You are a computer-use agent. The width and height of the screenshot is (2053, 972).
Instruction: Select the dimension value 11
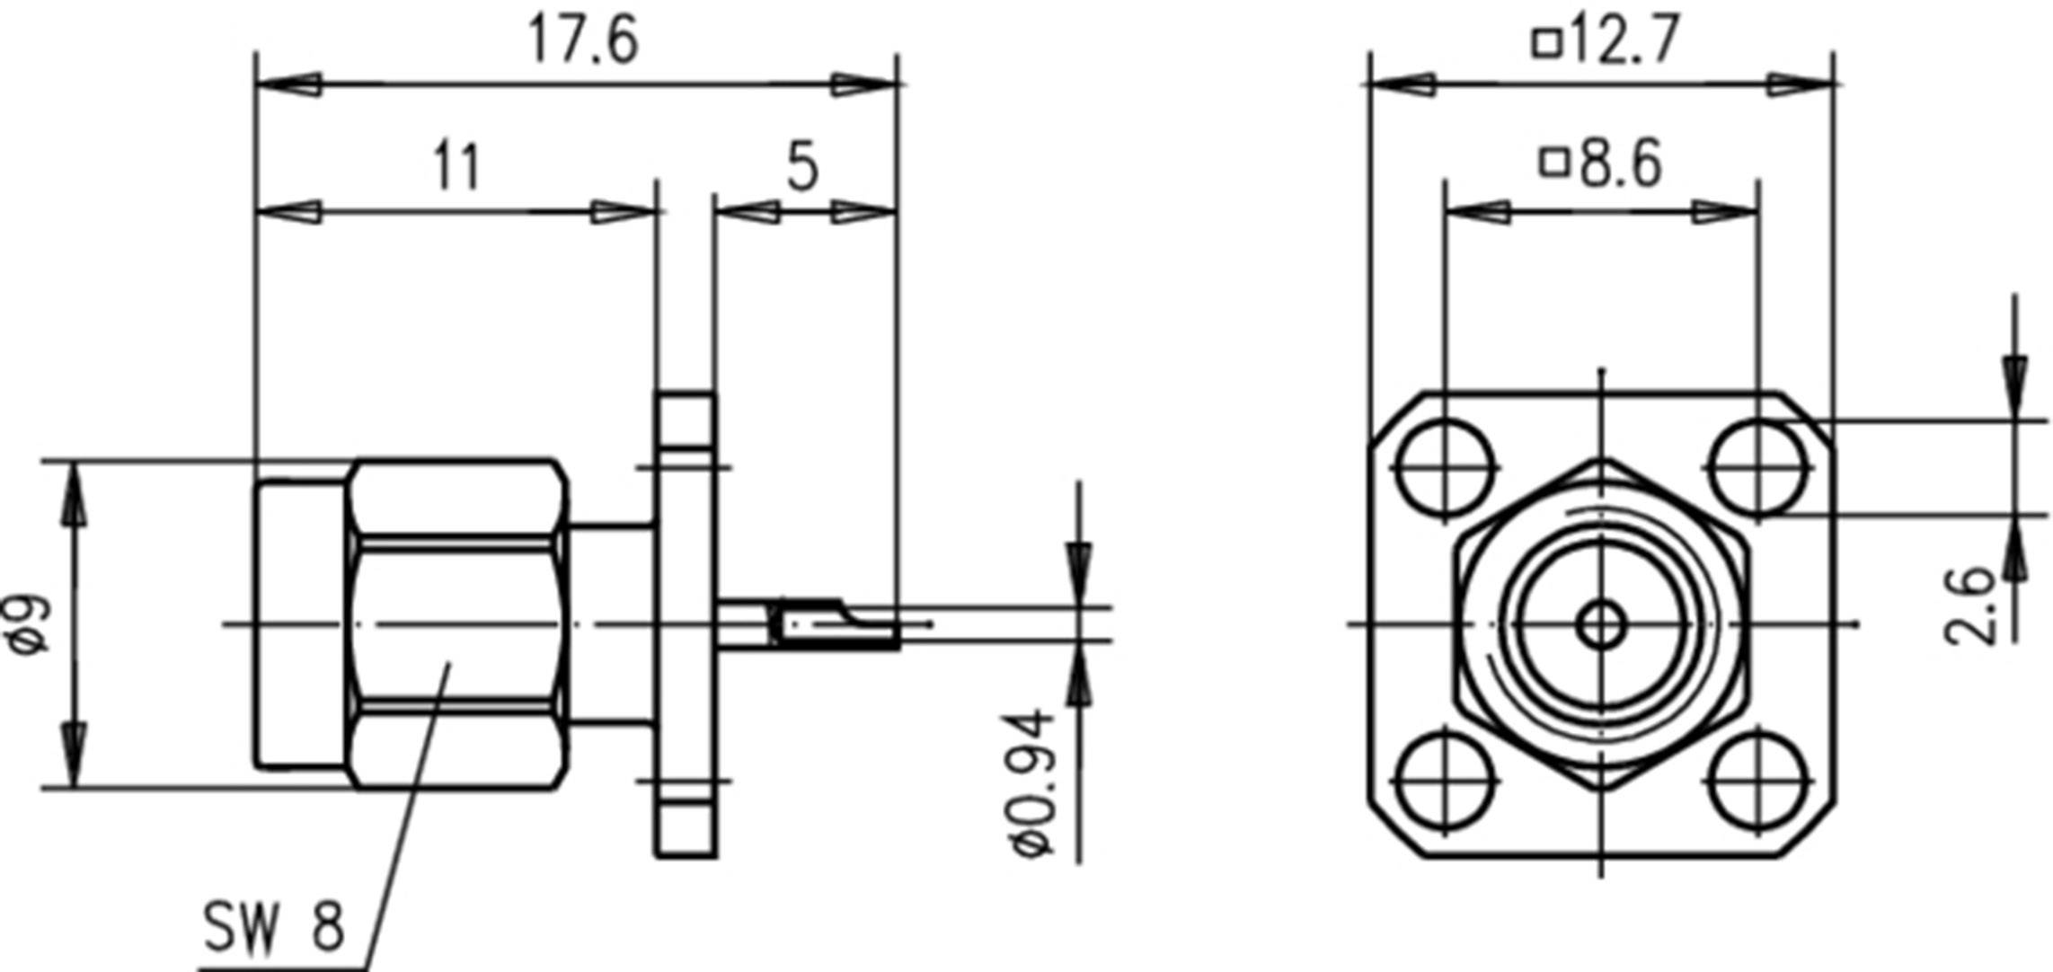[x=457, y=166]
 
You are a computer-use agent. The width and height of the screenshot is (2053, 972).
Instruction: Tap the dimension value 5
[x=802, y=166]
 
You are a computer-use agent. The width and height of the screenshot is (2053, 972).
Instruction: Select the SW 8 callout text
[x=273, y=927]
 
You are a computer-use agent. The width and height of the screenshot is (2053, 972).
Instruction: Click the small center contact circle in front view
[x=1601, y=623]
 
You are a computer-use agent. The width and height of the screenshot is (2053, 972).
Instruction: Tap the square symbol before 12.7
[x=1546, y=43]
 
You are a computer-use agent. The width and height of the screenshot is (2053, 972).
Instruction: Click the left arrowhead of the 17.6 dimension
[x=288, y=85]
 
